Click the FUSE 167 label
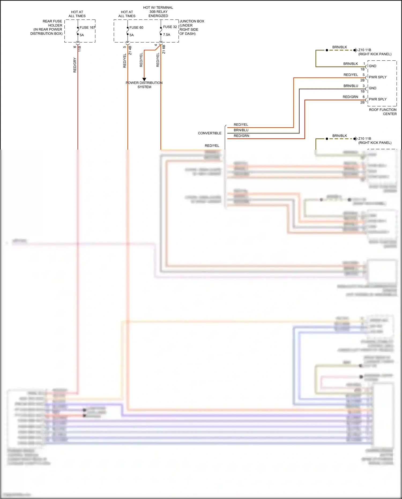87,27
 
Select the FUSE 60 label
136,27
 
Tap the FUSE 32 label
170,27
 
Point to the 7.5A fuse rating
166,35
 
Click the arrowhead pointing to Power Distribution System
144,79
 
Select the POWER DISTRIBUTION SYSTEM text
144,85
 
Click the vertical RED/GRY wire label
75,65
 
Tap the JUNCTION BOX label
192,21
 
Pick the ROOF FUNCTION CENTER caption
383,112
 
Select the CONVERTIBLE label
210,133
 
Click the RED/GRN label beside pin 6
350,97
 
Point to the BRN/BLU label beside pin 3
351,86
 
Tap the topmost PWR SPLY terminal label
378,77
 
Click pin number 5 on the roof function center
364,75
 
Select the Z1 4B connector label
130,50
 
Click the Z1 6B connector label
164,49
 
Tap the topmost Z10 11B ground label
365,50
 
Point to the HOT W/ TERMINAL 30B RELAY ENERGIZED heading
158,12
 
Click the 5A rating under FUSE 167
82,35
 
